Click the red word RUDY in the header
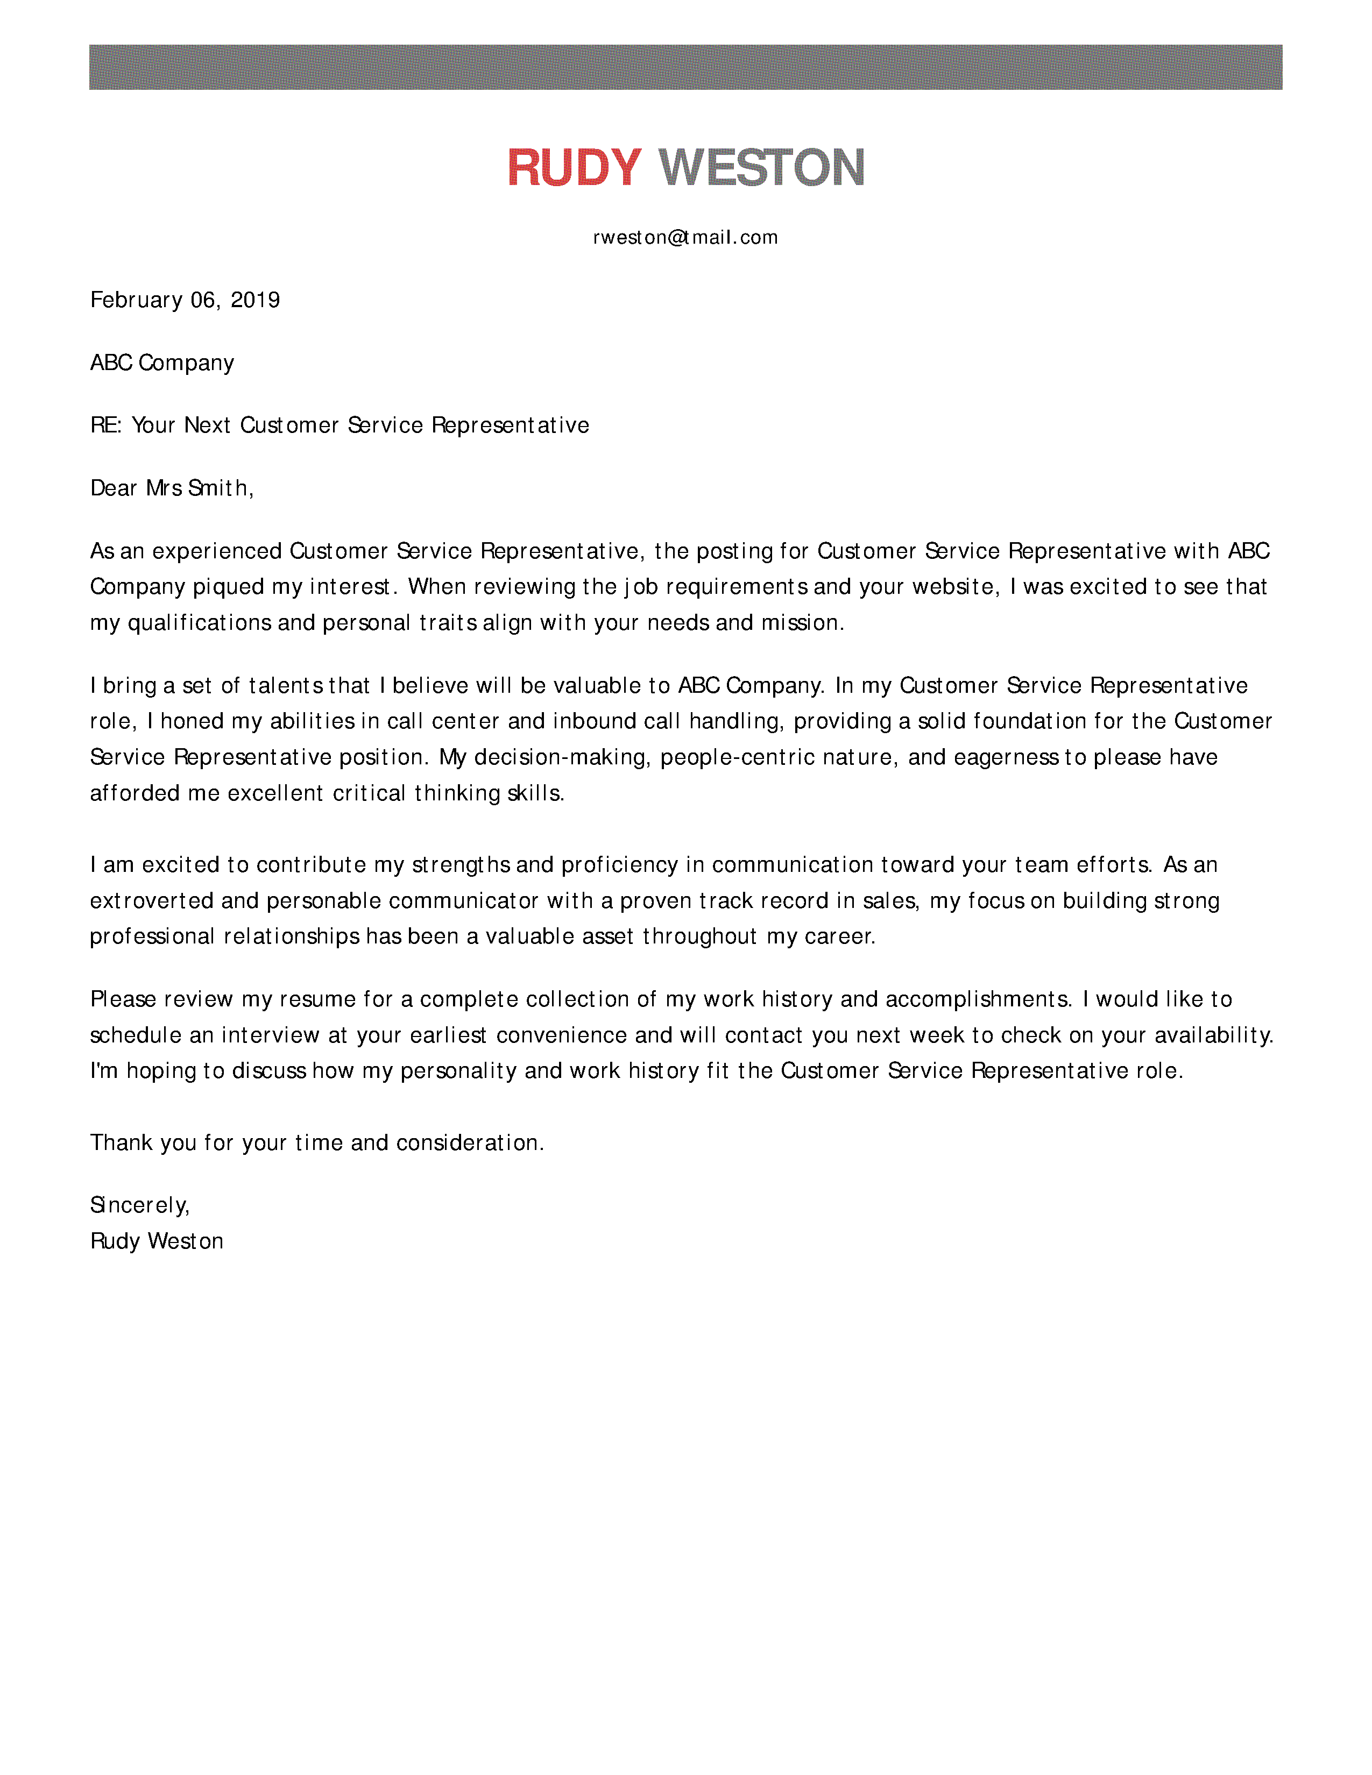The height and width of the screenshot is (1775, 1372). [x=574, y=168]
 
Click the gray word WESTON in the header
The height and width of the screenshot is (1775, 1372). [x=761, y=168]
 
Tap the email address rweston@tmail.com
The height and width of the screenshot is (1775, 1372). [x=685, y=237]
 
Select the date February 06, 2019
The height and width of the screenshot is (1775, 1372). [x=185, y=300]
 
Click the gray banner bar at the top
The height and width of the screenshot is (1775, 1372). [x=685, y=67]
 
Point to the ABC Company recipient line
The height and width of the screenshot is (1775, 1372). [x=162, y=363]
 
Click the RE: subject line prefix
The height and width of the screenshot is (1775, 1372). [x=105, y=425]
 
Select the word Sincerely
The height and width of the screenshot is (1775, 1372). [x=139, y=1205]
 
